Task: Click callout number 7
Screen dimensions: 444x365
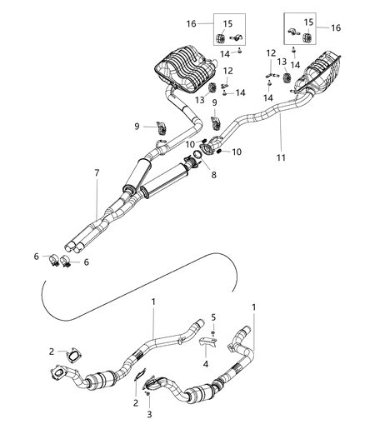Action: (97, 172)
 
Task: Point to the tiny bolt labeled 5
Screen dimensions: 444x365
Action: (212, 331)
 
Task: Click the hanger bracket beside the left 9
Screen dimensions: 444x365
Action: (162, 128)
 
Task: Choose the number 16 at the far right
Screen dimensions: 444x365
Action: (336, 27)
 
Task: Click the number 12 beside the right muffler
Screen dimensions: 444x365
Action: (271, 52)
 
